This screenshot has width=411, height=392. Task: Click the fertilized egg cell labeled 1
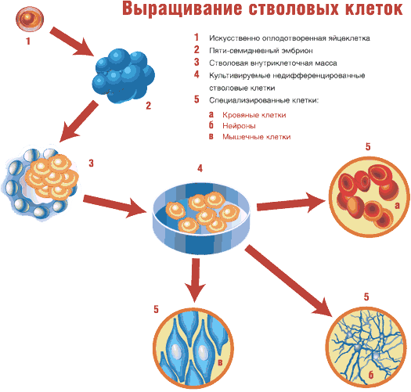(x=30, y=19)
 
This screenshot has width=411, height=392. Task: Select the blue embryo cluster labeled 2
(x=123, y=76)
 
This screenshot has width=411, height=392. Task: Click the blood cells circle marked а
(x=370, y=197)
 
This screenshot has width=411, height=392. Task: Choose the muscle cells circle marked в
(x=193, y=347)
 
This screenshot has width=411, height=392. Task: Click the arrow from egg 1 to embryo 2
(x=72, y=41)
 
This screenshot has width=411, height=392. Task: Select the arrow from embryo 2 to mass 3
(x=78, y=121)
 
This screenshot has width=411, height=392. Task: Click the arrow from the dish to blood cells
(x=292, y=204)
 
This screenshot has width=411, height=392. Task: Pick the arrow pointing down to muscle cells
(x=195, y=280)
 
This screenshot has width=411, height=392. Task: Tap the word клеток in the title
(x=373, y=9)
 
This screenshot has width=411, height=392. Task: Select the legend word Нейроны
(x=239, y=126)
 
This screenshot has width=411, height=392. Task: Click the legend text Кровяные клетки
(x=254, y=115)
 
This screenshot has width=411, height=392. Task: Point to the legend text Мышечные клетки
(x=257, y=137)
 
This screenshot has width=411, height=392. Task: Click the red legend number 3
(x=196, y=62)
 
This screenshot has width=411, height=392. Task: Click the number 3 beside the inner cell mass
(x=91, y=163)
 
